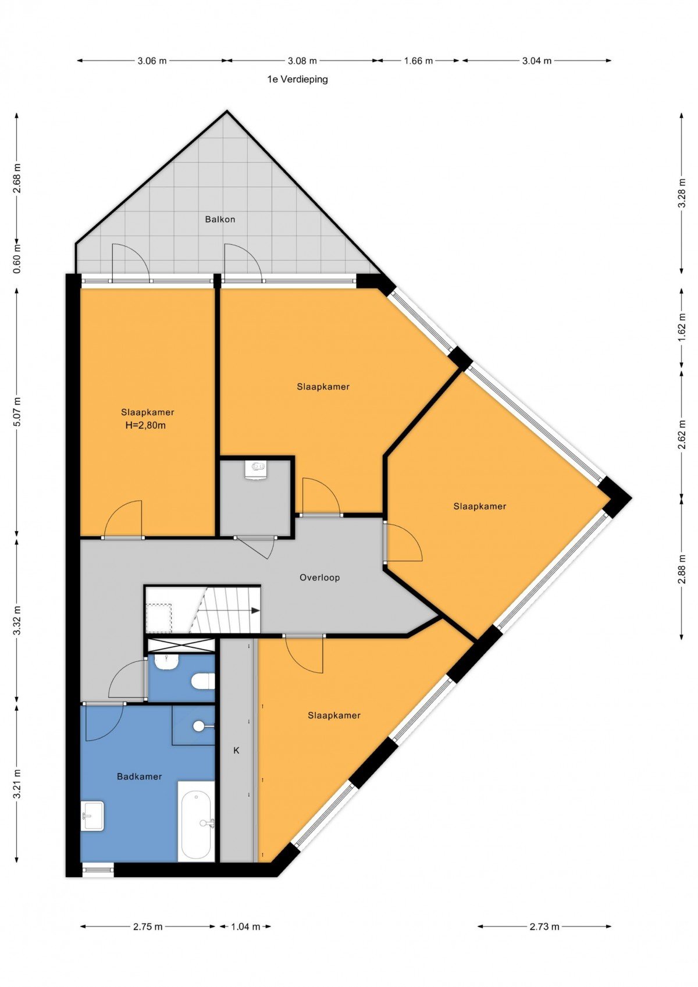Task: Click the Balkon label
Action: [x=220, y=219]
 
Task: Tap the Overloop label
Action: [x=319, y=577]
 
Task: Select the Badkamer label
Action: [x=139, y=776]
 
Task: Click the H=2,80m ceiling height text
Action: [x=146, y=426]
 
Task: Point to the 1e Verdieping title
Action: [x=297, y=80]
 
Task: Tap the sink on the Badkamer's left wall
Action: [x=92, y=816]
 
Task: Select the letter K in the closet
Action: [x=236, y=750]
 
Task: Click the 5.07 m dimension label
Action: [x=17, y=412]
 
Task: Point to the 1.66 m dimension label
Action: [x=419, y=61]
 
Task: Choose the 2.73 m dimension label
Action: [x=544, y=914]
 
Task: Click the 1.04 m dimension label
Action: [x=245, y=914]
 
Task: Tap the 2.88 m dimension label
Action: [x=682, y=569]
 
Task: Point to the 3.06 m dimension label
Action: [x=152, y=61]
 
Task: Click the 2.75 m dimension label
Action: [x=148, y=914]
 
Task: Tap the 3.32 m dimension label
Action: [x=17, y=620]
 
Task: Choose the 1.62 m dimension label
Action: [x=682, y=327]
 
